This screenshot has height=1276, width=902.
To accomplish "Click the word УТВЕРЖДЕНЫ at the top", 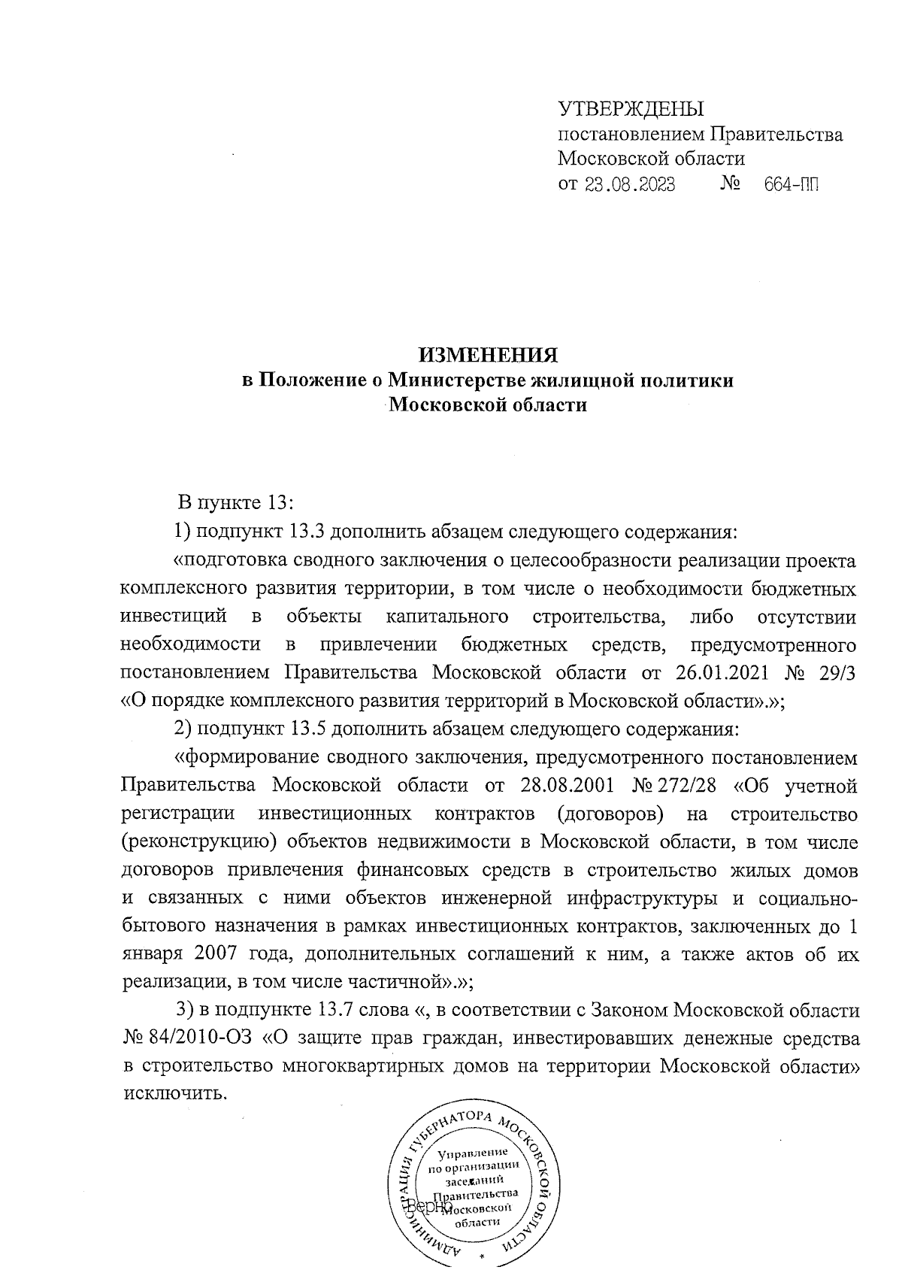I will (x=631, y=110).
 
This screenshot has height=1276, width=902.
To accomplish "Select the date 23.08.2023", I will (x=629, y=184).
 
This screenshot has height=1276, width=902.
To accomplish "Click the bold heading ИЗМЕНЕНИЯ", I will (x=489, y=354).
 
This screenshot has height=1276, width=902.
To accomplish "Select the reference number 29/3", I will (x=839, y=672).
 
